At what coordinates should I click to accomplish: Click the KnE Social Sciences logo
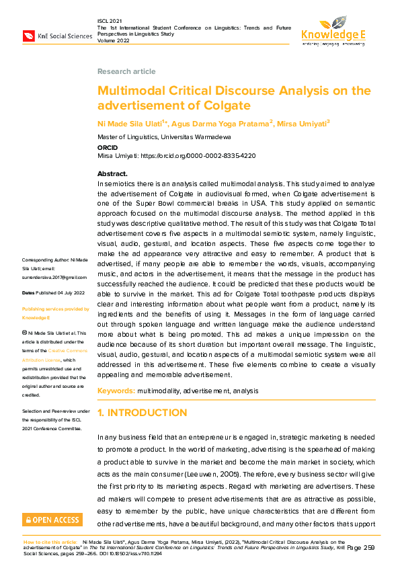(56, 35)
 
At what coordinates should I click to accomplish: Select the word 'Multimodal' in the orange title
(129, 91)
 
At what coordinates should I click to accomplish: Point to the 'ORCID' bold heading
(108, 147)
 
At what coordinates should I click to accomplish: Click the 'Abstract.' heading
(112, 174)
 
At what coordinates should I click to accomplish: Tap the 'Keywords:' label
(116, 391)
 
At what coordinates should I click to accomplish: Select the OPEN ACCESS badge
(52, 520)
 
